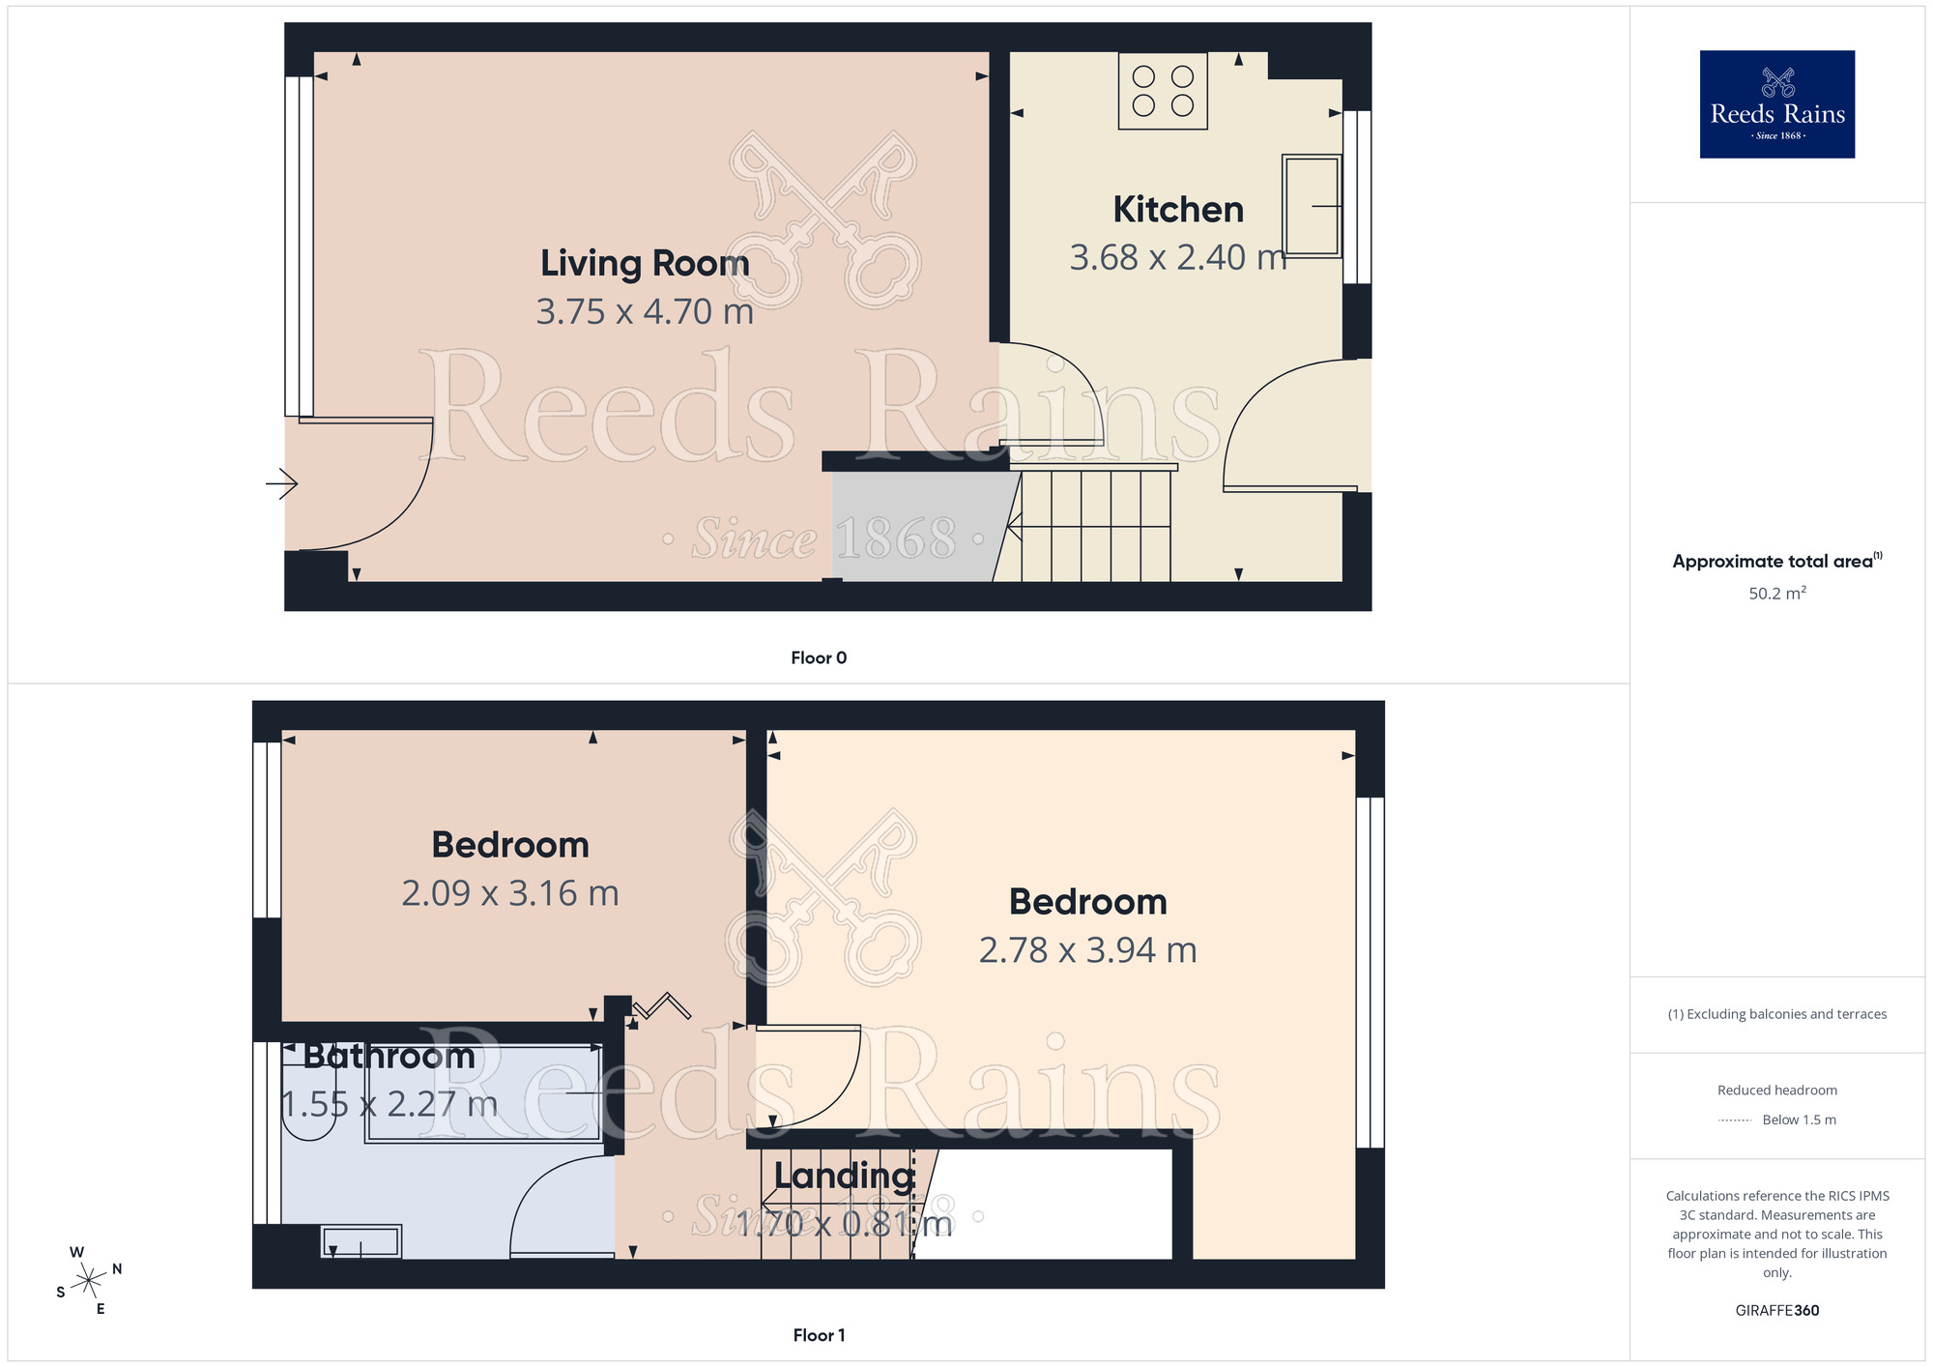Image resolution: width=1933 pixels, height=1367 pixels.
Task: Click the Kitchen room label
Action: [x=1177, y=210]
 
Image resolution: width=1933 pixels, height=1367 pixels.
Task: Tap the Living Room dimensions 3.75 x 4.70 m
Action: [x=645, y=312]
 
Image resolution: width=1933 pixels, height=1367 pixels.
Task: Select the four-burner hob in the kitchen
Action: [x=1163, y=91]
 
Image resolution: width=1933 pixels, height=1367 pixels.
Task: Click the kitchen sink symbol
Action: [x=1312, y=206]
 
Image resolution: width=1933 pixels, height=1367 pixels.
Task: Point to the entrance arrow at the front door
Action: [x=281, y=483]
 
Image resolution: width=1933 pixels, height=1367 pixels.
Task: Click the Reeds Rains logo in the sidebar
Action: [x=1776, y=104]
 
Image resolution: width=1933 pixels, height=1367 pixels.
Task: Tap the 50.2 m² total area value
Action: [x=1776, y=594]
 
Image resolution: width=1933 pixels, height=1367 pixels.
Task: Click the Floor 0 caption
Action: [x=818, y=658]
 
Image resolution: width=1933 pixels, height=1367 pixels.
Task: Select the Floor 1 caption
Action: [x=818, y=1335]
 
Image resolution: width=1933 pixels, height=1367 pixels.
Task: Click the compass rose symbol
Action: [x=89, y=1281]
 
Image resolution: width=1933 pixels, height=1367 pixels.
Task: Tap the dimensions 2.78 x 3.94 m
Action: [x=1087, y=950]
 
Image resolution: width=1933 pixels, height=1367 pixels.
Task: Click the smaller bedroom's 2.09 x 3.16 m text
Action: [x=510, y=893]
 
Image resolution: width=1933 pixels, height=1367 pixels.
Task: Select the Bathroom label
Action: [x=389, y=1056]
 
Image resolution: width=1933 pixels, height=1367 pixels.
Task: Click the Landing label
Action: [x=844, y=1176]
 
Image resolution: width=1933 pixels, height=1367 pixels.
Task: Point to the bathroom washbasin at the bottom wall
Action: [x=361, y=1242]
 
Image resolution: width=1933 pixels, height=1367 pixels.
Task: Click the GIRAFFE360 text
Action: [x=1776, y=1311]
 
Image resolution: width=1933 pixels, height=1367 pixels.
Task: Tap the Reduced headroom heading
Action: [x=1776, y=1091]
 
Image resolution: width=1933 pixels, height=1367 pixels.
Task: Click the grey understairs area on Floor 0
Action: [x=913, y=527]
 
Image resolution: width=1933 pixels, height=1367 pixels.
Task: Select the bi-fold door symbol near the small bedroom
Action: [x=662, y=1007]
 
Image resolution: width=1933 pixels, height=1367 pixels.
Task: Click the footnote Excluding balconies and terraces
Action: [x=1776, y=1014]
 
